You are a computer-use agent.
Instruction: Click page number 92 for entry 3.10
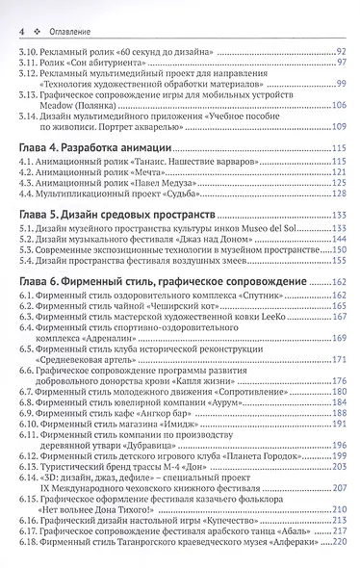(341, 49)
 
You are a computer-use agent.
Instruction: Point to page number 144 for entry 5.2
(338, 237)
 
